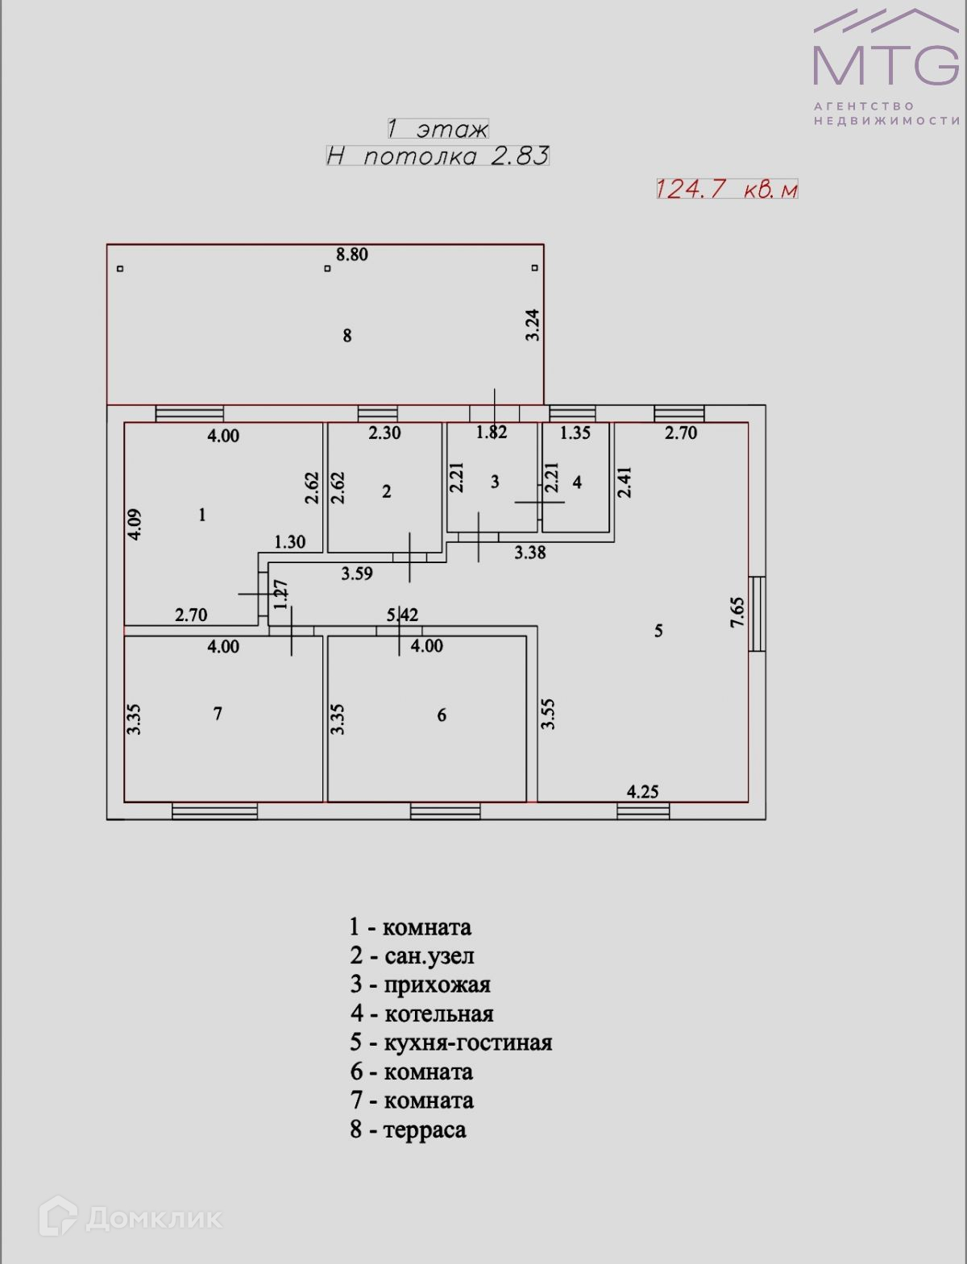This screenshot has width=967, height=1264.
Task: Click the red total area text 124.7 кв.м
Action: (727, 189)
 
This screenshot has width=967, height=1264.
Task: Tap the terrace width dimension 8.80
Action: (352, 255)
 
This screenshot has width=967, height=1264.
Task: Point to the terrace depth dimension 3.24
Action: (533, 325)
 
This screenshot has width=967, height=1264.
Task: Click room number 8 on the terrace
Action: (347, 336)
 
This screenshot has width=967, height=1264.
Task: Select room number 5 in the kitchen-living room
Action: (658, 631)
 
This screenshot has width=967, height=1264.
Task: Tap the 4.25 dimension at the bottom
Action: (643, 792)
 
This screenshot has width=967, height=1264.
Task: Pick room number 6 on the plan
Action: (442, 715)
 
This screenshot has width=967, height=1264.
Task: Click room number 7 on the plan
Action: (218, 714)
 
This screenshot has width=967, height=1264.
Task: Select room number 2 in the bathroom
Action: (387, 491)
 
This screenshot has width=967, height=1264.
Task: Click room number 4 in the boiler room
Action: (577, 483)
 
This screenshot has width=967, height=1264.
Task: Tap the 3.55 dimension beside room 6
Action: (548, 714)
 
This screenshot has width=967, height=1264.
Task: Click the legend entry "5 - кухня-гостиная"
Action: (451, 1042)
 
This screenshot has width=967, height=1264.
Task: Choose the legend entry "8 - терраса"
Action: (409, 1129)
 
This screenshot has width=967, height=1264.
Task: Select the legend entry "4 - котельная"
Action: (421, 1013)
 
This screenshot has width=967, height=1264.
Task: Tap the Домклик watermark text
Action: (153, 1218)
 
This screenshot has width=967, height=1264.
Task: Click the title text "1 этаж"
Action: (438, 129)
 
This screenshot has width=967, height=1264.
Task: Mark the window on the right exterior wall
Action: (757, 613)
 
